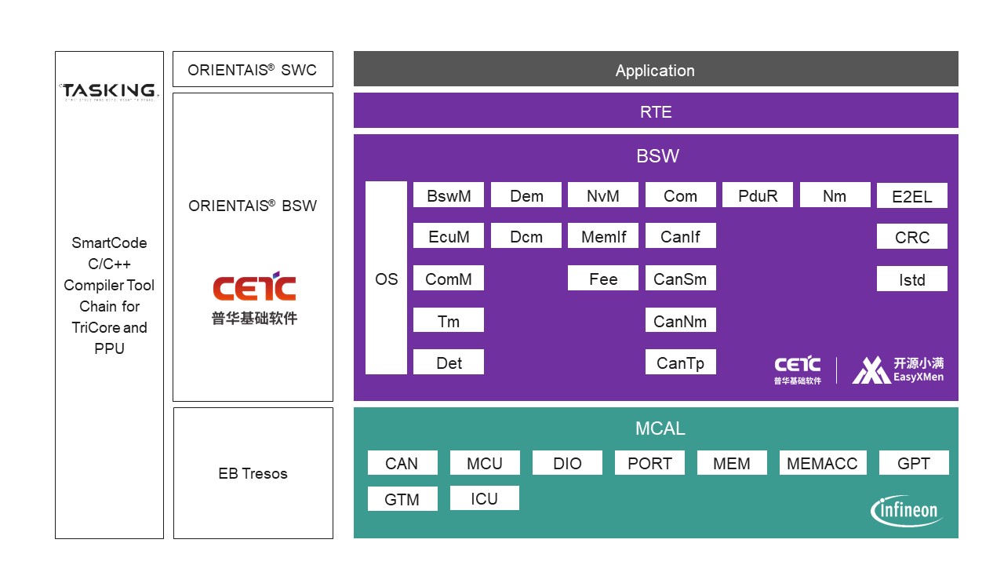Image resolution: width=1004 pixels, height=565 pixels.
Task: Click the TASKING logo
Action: [109, 91]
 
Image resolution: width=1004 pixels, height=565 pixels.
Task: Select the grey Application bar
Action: [656, 70]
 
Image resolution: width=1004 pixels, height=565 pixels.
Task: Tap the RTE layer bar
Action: [656, 111]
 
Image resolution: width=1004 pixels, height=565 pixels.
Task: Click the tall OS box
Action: [386, 279]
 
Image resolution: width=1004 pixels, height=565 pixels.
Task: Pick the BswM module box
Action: [449, 195]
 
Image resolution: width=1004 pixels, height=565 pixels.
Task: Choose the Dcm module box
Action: [526, 235]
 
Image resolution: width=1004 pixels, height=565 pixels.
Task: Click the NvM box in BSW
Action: [602, 195]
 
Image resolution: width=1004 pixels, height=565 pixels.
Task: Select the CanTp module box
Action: [680, 363]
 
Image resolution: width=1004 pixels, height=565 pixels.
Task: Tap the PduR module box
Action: [758, 195]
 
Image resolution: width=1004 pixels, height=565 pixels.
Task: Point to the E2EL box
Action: [912, 196]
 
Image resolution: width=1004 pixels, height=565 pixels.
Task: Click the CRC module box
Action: [912, 237]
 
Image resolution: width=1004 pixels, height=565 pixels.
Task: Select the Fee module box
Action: [602, 279]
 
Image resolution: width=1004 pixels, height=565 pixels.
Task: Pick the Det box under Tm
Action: [449, 363]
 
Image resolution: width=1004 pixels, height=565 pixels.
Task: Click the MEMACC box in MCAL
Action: [822, 463]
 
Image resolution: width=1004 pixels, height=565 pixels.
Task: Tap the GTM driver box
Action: [402, 499]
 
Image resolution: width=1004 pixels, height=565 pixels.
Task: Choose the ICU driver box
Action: [484, 498]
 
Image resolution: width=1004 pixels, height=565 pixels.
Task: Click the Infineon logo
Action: [907, 511]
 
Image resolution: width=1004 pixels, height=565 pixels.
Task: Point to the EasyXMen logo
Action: [899, 370]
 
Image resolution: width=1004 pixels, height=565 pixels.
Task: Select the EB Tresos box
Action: [253, 473]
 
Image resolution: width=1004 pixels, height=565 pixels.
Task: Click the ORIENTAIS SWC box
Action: [253, 70]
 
